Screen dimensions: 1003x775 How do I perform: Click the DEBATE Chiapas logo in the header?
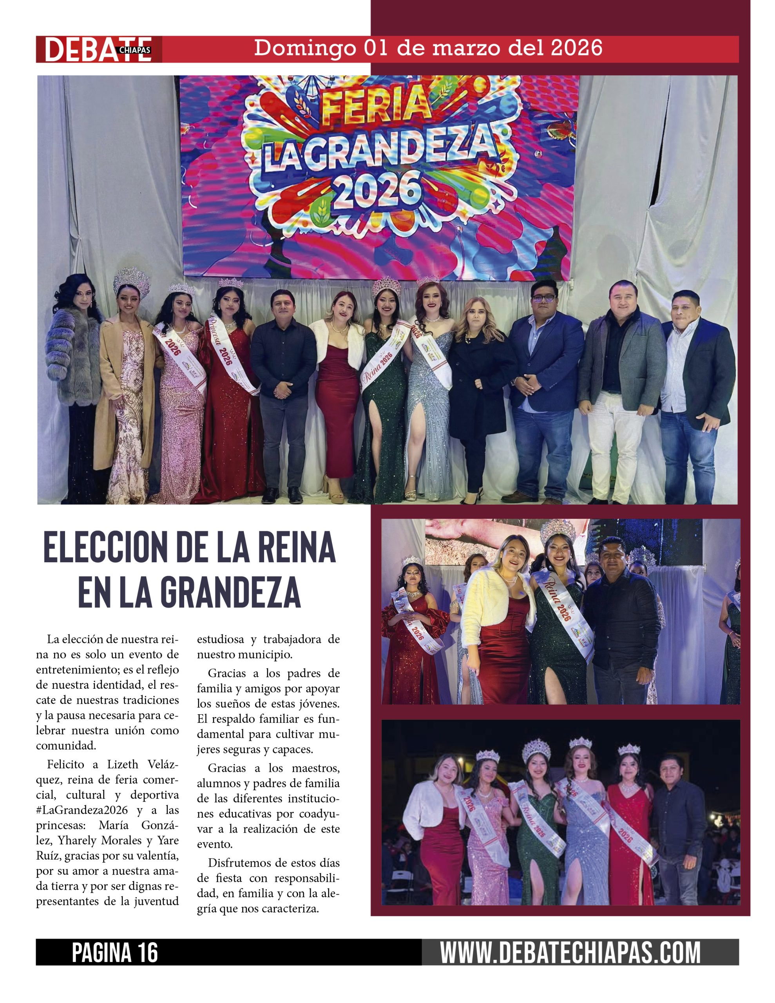pos(98,49)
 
